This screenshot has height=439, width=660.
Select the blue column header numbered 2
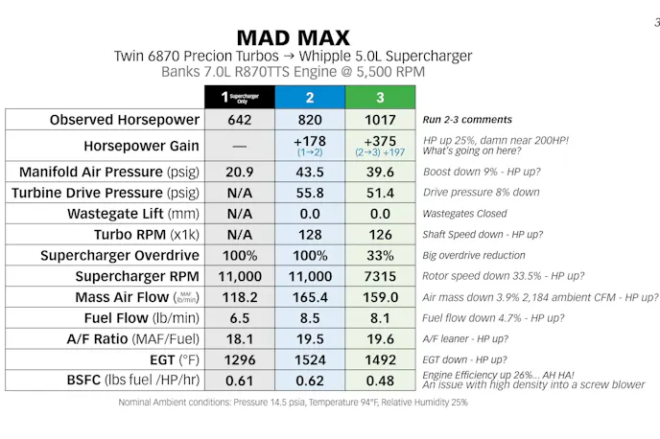point(309,97)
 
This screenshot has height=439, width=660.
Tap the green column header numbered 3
point(380,97)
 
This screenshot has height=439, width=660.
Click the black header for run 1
point(239,97)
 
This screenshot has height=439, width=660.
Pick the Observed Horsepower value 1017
point(380,120)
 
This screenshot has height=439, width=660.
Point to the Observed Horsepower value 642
point(239,120)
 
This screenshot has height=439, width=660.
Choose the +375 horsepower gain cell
point(380,145)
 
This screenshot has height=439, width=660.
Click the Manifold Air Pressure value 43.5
point(309,172)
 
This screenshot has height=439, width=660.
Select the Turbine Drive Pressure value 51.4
point(380,193)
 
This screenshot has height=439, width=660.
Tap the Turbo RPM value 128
point(309,235)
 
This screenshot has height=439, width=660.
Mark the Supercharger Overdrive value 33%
point(380,256)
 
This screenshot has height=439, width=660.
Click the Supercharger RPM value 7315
point(380,277)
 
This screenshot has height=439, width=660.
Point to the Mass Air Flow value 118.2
point(239,298)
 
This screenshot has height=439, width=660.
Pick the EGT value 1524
point(309,360)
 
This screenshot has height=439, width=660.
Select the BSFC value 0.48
point(380,381)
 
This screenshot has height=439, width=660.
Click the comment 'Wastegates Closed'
point(467,214)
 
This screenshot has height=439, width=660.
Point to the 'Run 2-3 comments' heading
point(467,120)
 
